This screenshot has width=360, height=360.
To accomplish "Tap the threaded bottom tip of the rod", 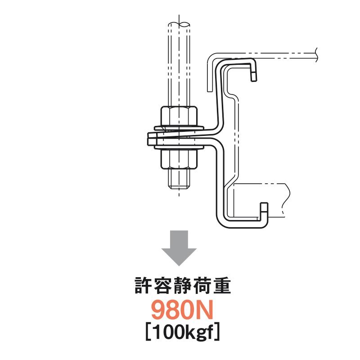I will [179, 182].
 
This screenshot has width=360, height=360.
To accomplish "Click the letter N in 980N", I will [203, 311].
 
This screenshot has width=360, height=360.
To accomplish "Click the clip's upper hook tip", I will [255, 74].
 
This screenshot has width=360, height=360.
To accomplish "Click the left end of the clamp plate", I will [149, 140].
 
